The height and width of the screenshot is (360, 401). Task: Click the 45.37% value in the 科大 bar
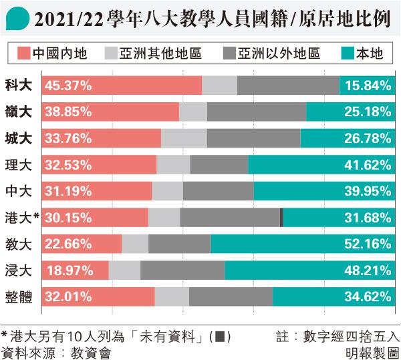[x=66, y=85]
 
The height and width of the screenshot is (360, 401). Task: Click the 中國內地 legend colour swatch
[x=21, y=53]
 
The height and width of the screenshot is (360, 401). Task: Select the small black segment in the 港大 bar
[x=281, y=217]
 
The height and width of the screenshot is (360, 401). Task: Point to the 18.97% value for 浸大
[x=66, y=270]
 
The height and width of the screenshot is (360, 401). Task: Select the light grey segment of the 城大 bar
[x=184, y=138]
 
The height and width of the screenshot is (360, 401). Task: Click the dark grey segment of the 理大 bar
[x=219, y=164]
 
